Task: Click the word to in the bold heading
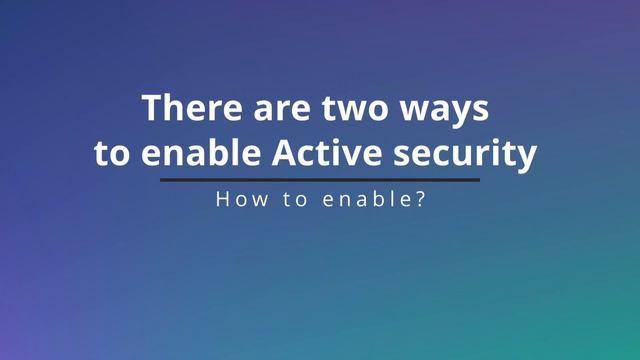[111, 155]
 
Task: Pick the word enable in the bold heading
[203, 155]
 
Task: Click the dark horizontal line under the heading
[320, 180]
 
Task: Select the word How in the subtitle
[237, 199]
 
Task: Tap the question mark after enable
[423, 199]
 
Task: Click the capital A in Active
[283, 155]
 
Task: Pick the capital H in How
[222, 199]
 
